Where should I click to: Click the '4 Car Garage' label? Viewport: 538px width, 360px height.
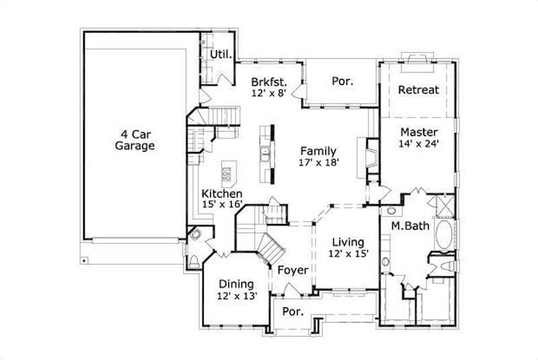tap(134, 139)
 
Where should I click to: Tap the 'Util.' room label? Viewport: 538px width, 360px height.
tap(221, 55)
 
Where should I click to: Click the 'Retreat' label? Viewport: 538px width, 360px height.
tap(418, 89)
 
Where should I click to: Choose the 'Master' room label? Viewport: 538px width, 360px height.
tap(419, 132)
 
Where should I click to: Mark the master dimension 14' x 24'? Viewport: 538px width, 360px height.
tap(419, 143)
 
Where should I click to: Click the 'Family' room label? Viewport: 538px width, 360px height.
tap(318, 151)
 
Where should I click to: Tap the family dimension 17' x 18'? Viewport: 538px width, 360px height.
tap(318, 162)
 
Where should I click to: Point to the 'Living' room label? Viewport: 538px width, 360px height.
tap(348, 242)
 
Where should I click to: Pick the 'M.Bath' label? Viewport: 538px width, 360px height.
tap(410, 226)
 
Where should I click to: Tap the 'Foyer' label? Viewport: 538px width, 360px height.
tap(293, 271)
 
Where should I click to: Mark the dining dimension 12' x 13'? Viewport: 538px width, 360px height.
tap(235, 296)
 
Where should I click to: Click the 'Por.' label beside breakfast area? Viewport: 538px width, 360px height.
tap(342, 81)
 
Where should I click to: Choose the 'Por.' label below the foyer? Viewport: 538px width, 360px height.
tap(291, 312)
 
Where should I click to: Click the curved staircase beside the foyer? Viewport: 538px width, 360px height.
tap(272, 251)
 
